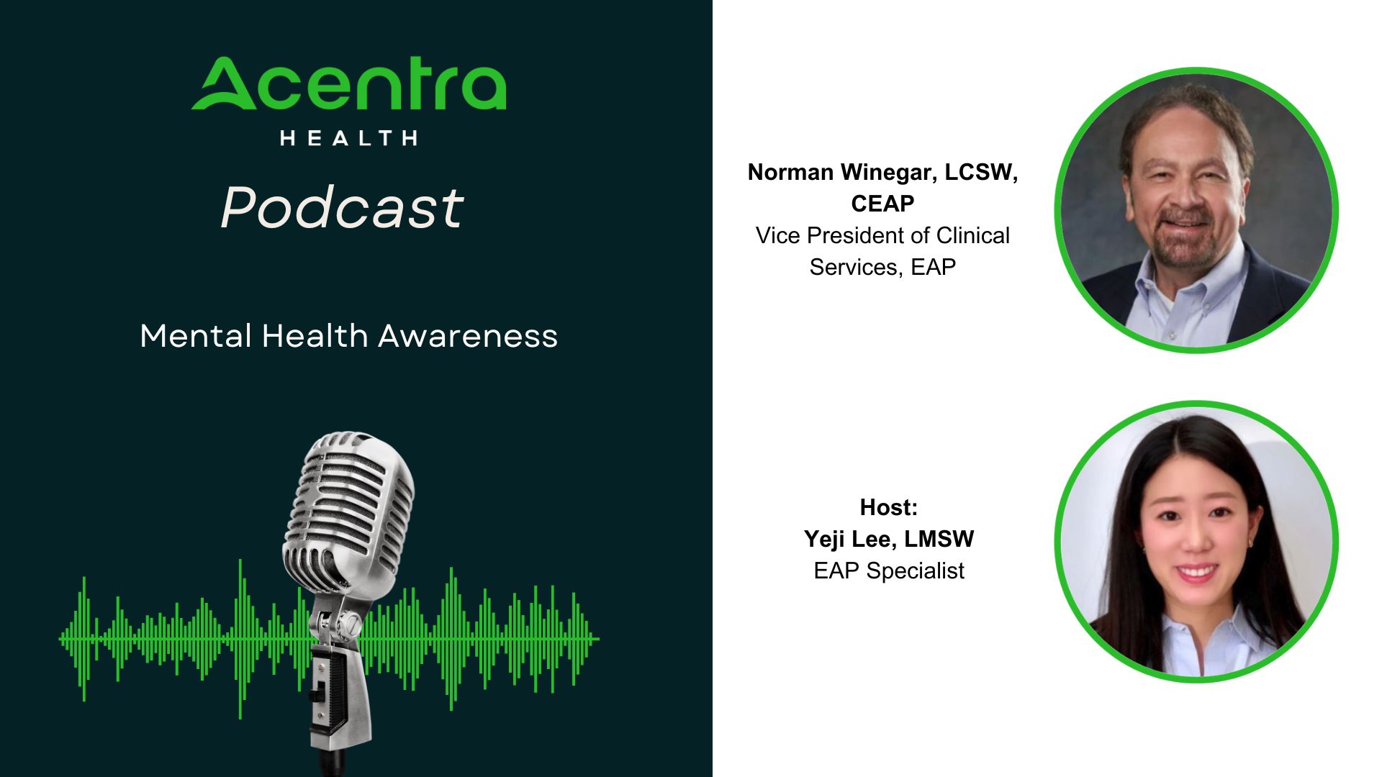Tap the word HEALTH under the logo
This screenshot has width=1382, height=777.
[349, 138]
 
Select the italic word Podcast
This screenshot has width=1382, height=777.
[342, 208]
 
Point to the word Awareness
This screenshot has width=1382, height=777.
[468, 336]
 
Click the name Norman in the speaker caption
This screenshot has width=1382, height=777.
[790, 172]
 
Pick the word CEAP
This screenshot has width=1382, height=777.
[882, 204]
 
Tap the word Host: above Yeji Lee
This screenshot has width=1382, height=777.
[889, 507]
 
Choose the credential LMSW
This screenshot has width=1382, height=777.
[939, 539]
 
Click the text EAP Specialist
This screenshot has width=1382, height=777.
[889, 571]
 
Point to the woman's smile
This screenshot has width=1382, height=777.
[1196, 573]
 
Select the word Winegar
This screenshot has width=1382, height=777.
[889, 173]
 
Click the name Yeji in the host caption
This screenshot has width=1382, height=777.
[826, 540]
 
